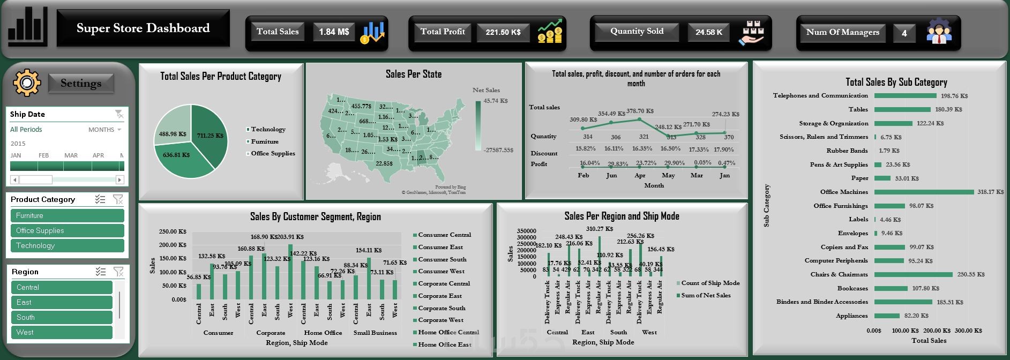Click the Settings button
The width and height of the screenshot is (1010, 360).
(81, 83)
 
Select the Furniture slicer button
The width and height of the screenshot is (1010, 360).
(67, 215)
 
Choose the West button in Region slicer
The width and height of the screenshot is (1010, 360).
(62, 332)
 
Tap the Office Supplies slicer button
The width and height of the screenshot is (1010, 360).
(67, 230)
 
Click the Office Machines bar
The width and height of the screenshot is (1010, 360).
(924, 192)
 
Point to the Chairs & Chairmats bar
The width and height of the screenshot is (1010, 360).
(913, 274)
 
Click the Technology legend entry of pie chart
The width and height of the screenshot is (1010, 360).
(268, 129)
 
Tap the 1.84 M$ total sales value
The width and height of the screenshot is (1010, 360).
(334, 32)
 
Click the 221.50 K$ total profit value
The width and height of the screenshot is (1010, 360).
(503, 32)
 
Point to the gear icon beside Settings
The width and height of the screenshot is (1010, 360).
(26, 83)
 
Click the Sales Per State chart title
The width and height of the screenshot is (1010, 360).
(414, 74)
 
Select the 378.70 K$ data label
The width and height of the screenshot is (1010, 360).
(640, 111)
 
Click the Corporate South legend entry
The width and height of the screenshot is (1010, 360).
(442, 308)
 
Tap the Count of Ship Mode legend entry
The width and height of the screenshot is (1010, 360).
(710, 283)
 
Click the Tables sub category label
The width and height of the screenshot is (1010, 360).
(858, 109)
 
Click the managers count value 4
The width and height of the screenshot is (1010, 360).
(904, 33)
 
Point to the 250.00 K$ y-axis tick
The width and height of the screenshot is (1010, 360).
(173, 231)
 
